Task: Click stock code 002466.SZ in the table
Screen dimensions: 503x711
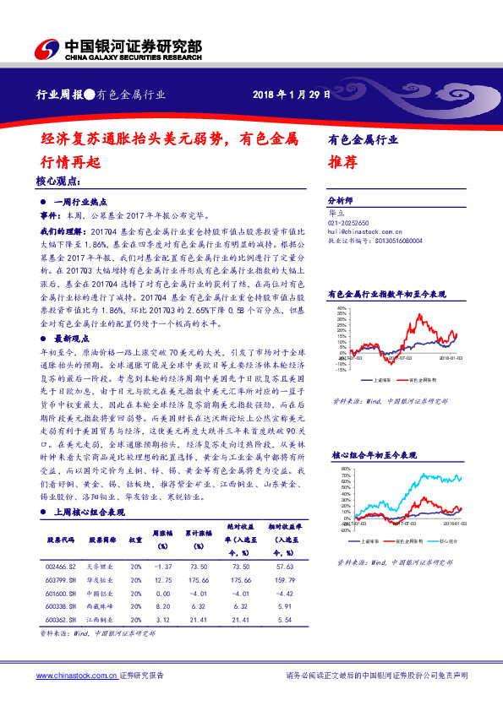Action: coord(62,567)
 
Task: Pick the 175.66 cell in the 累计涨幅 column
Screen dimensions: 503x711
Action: coord(197,582)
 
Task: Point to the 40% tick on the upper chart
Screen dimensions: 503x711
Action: coord(342,309)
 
